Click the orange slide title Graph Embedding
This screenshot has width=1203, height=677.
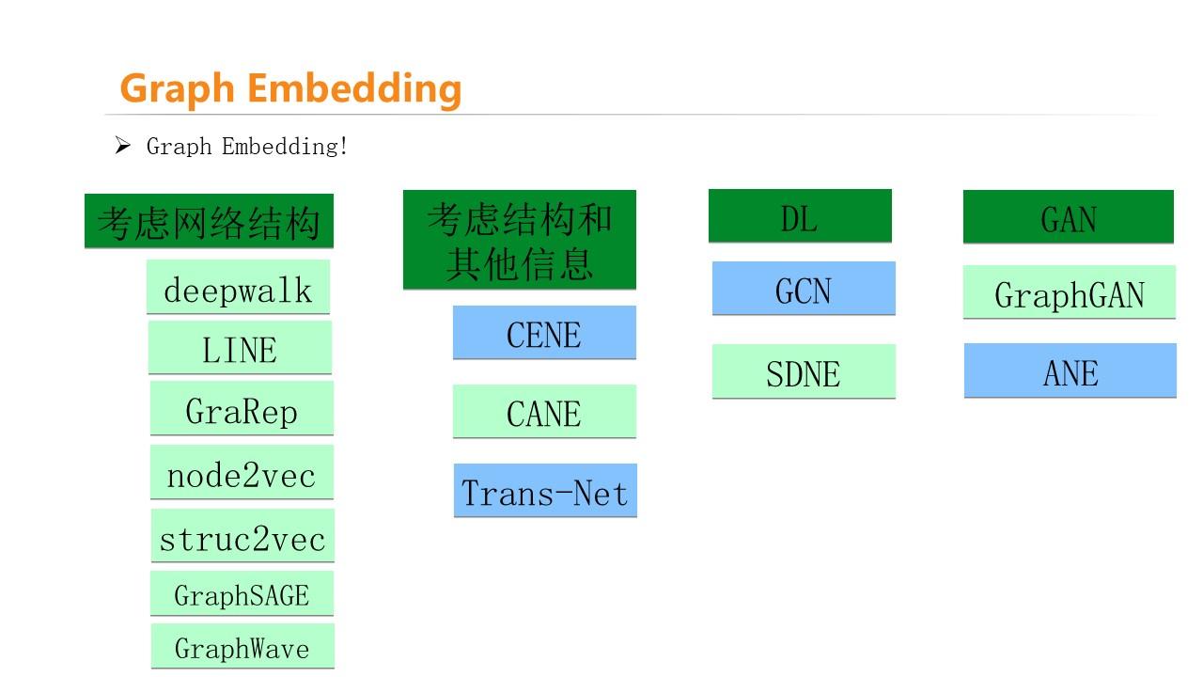pyautogui.click(x=290, y=88)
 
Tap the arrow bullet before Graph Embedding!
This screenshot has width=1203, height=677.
pyautogui.click(x=122, y=146)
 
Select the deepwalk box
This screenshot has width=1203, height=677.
pyautogui.click(x=238, y=288)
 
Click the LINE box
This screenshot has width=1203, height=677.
pyautogui.click(x=240, y=348)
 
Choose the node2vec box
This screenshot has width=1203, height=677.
pyautogui.click(x=242, y=473)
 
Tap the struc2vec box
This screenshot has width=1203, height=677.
pyautogui.click(x=242, y=536)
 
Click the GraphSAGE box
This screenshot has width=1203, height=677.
pyautogui.click(x=242, y=594)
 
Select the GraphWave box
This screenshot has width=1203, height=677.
pyautogui.click(x=242, y=647)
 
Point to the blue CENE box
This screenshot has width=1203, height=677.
pyautogui.click(x=544, y=333)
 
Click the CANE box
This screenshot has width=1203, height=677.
pyautogui.click(x=544, y=412)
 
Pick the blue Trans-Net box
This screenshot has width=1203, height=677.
pyautogui.click(x=545, y=491)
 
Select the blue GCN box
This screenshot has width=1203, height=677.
pyautogui.click(x=804, y=289)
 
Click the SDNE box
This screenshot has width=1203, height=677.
pyautogui.click(x=804, y=371)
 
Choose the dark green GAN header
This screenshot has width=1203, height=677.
pyautogui.click(x=1069, y=217)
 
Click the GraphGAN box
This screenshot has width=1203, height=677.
pyautogui.click(x=1070, y=292)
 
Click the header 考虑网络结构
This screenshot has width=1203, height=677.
pyautogui.click(x=209, y=222)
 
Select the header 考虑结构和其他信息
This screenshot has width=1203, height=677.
pyautogui.click(x=520, y=240)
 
